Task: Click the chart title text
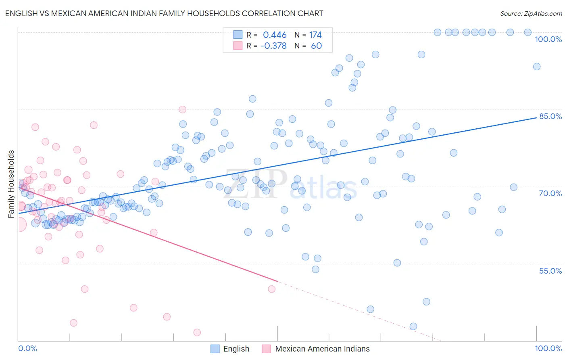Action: [x=164, y=13]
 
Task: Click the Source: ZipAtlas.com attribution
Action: [x=531, y=13]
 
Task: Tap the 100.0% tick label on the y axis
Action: [x=548, y=39]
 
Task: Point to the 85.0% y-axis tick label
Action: [x=550, y=116]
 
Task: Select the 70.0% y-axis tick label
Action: [x=550, y=193]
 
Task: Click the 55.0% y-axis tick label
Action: [x=550, y=271]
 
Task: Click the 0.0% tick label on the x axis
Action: [x=27, y=348]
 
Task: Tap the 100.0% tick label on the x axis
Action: [x=548, y=348]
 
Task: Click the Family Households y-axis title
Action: [x=11, y=184]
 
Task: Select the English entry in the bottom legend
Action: [x=236, y=349]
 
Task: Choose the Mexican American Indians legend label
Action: [x=322, y=349]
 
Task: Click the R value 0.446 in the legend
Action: [x=275, y=35]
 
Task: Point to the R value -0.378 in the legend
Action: [x=273, y=46]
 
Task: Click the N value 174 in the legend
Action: [x=315, y=35]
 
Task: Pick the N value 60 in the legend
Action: [x=316, y=46]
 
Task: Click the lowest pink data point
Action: [x=197, y=332]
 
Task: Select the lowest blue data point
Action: [x=413, y=327]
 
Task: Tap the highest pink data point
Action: [x=182, y=109]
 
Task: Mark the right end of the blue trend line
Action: [x=536, y=117]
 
